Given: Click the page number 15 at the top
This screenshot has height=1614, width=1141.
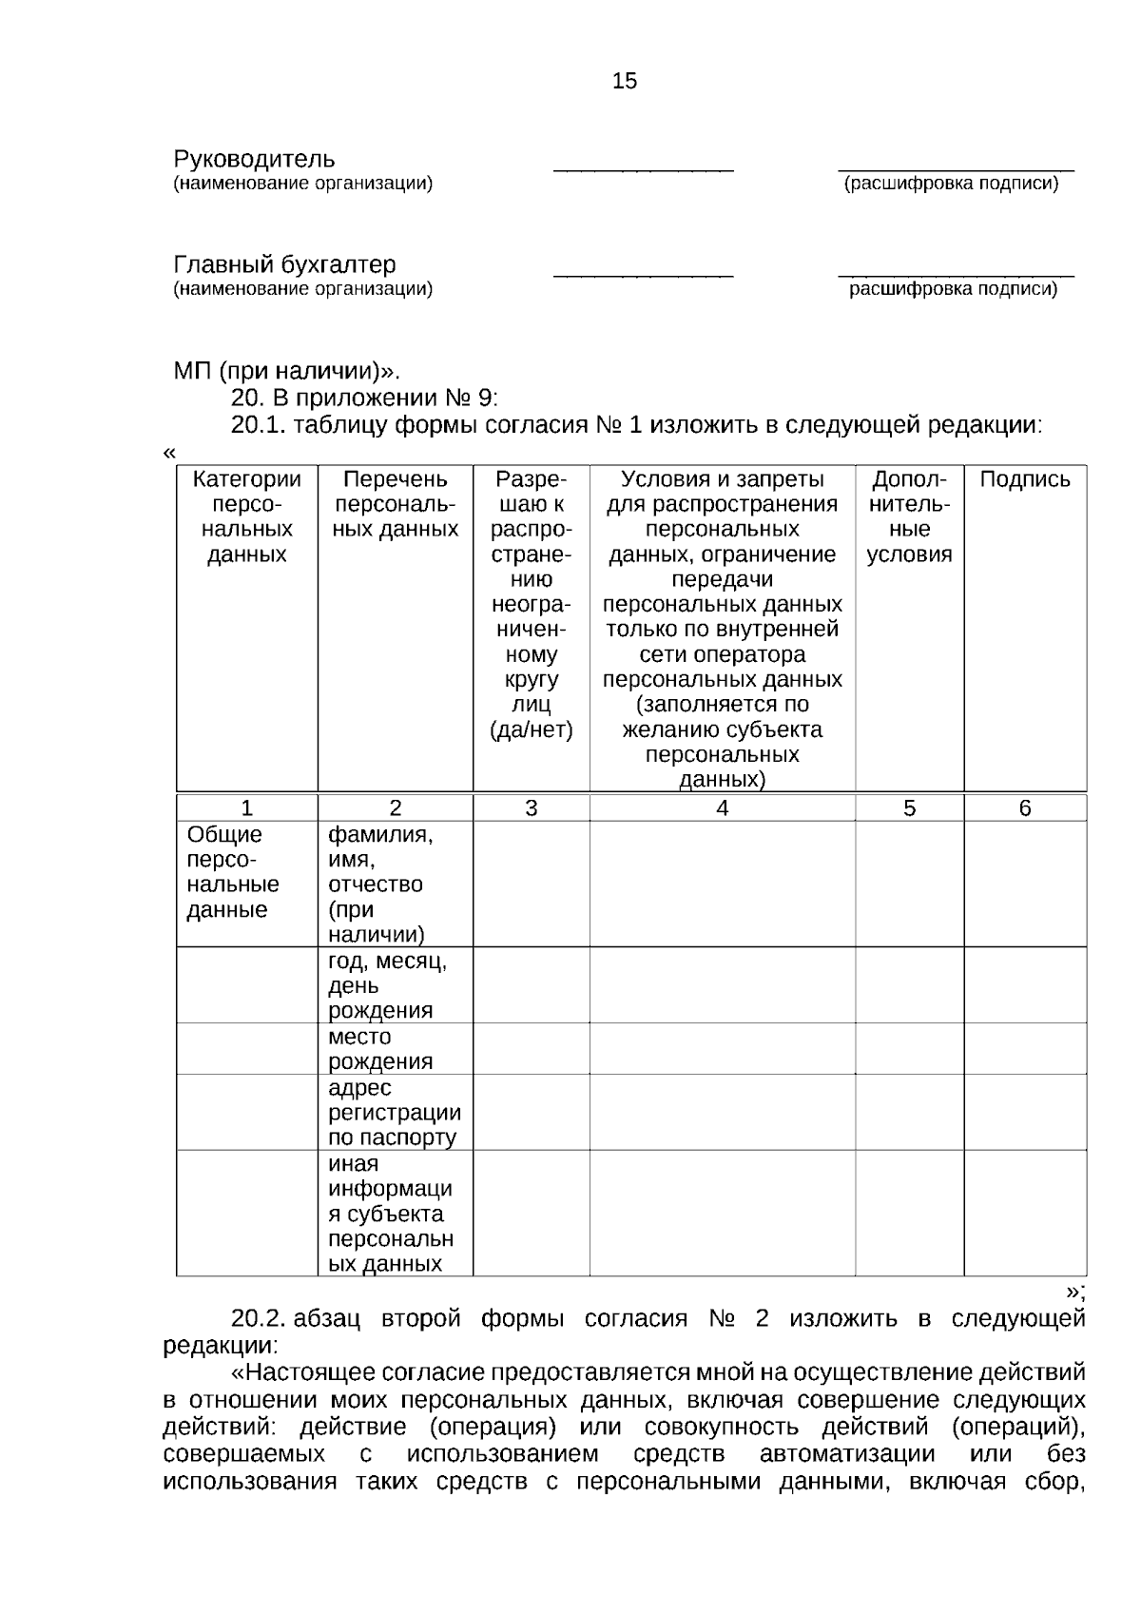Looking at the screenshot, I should point(625,82).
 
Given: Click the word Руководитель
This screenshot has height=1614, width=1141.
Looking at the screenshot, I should point(254,159).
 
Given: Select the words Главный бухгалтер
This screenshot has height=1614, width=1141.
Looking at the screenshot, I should point(284,264).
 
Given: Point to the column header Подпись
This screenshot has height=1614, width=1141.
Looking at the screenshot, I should point(1024,479).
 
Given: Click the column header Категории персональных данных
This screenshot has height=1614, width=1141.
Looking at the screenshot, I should point(246,516).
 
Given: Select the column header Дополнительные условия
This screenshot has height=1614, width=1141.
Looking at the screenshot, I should point(909,516).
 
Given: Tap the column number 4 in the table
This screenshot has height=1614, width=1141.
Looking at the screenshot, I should point(722,808).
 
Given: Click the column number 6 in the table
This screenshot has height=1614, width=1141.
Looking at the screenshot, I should point(1024,808).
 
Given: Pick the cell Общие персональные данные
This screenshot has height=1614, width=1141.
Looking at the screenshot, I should point(233,872).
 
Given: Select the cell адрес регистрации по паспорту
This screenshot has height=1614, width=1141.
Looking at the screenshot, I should point(394,1112).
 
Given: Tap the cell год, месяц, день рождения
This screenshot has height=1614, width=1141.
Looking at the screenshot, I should point(387,985).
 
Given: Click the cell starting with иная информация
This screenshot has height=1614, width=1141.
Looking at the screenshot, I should point(390,1214).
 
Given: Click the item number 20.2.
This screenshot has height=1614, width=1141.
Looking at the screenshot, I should point(258,1319).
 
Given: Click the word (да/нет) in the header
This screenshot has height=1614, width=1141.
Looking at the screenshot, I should point(531,730).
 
